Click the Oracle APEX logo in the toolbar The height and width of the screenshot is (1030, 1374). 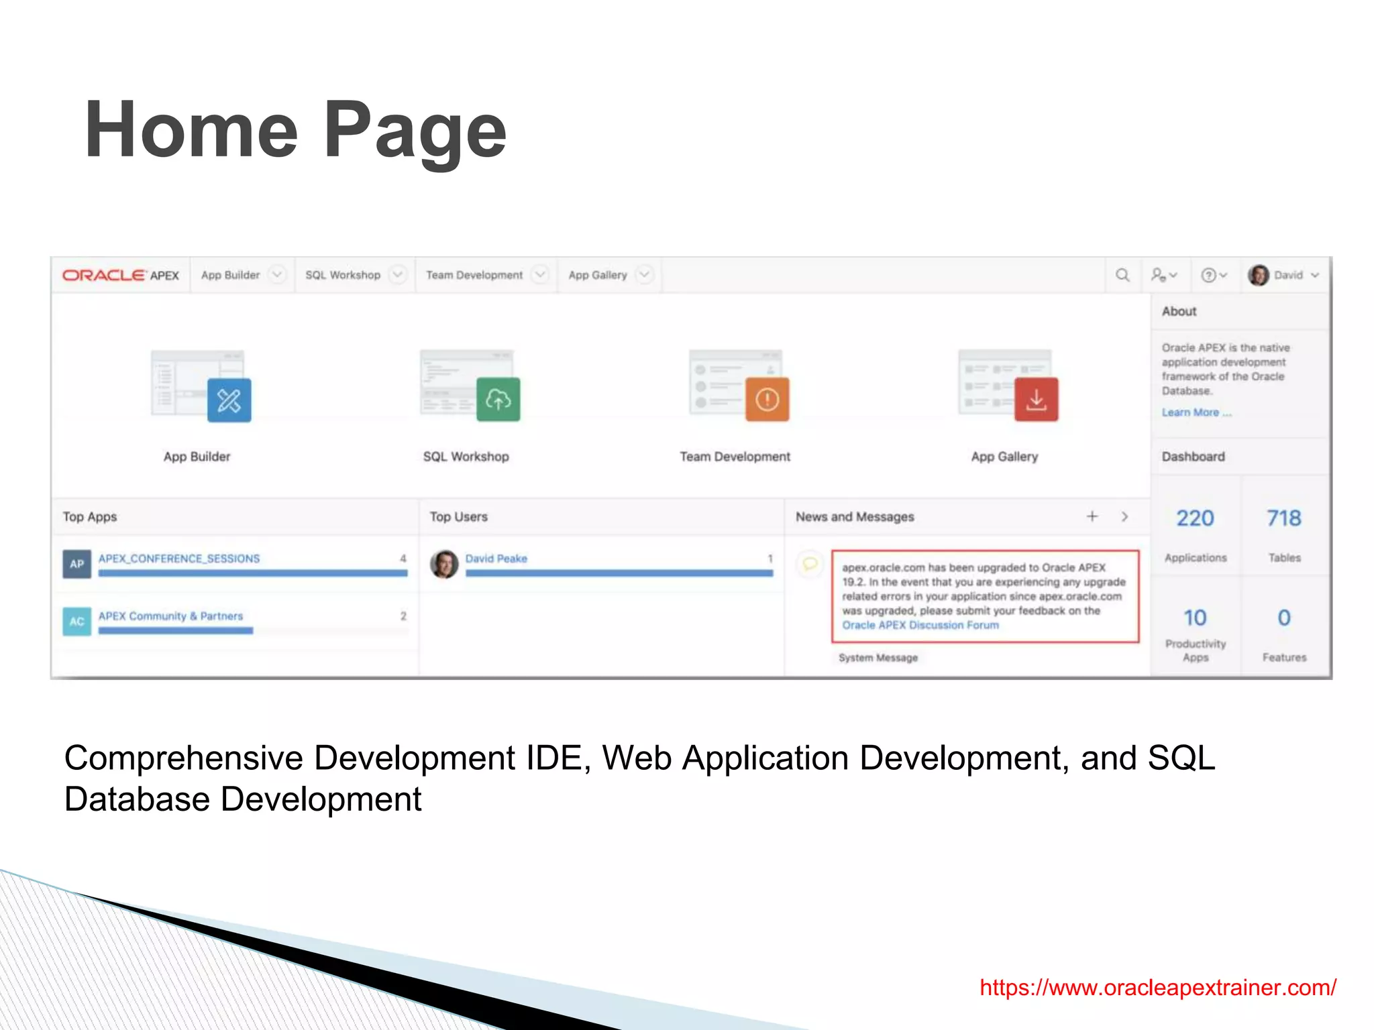[121, 276]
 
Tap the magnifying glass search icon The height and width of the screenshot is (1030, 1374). [1122, 276]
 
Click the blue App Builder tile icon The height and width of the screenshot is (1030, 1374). [229, 400]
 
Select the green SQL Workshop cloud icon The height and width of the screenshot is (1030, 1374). [498, 400]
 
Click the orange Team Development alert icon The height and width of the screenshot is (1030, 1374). [767, 400]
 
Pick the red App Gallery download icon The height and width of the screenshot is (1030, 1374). [1036, 400]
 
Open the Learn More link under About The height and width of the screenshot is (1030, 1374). [1196, 413]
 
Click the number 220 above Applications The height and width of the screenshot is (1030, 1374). [1195, 518]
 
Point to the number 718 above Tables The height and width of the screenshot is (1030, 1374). [1283, 518]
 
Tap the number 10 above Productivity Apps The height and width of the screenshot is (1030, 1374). [1195, 618]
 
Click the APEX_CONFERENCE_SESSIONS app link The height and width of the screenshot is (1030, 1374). [179, 559]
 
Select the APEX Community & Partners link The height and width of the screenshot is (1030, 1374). [170, 616]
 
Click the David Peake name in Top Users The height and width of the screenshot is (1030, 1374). [496, 559]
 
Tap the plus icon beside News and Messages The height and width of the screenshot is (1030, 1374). [1092, 516]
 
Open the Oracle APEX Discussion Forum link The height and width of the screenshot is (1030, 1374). [920, 626]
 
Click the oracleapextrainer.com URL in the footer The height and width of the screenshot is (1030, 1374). [1157, 988]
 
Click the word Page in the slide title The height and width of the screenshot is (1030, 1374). [415, 131]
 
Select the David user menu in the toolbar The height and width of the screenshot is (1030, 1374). [1283, 276]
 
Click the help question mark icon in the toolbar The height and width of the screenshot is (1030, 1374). [1209, 276]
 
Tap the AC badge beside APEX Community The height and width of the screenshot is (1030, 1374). [77, 622]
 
